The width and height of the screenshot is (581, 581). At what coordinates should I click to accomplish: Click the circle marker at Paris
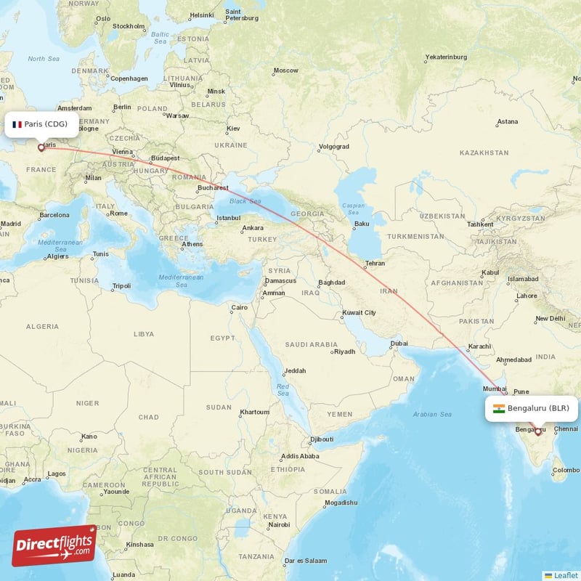tap(41, 147)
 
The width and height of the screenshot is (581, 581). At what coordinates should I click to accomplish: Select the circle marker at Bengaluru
tap(537, 431)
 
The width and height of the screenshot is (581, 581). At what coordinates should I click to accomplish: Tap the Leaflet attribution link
tap(565, 575)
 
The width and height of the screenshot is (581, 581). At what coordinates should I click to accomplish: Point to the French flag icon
tap(17, 124)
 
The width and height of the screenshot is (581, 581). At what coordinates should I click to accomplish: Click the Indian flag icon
tap(499, 409)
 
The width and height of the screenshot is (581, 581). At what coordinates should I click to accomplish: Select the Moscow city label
tap(285, 70)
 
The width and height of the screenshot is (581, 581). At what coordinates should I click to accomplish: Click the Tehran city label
tap(375, 263)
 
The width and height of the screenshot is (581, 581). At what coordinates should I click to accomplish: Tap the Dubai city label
tap(399, 344)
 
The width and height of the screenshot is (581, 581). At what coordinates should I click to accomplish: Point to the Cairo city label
tap(239, 308)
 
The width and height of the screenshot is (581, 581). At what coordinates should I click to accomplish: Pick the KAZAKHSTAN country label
tap(484, 153)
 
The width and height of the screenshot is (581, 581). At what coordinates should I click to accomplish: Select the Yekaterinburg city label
tap(445, 57)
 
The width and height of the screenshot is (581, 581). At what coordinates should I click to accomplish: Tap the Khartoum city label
tap(255, 412)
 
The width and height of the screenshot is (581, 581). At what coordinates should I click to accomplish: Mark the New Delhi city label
tap(550, 319)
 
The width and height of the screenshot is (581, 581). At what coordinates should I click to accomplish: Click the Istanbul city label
tap(228, 218)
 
